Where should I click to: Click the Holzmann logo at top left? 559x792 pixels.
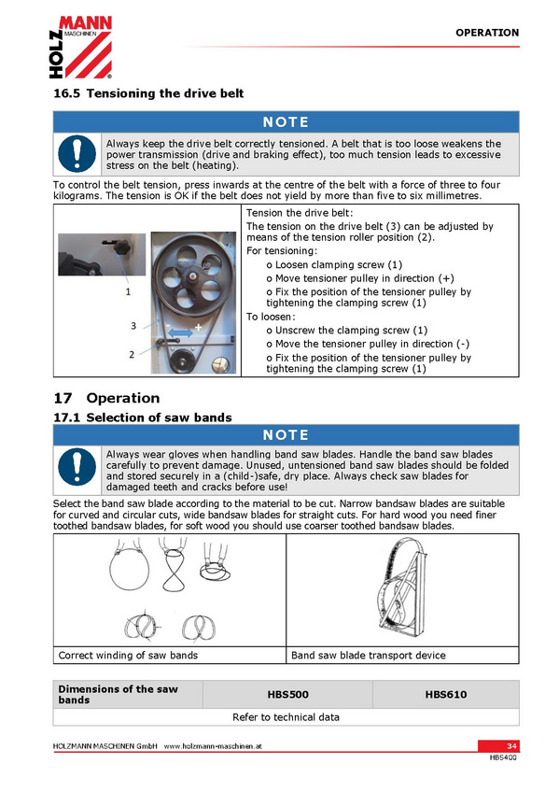click(x=80, y=47)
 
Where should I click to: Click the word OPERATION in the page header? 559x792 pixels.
click(x=487, y=33)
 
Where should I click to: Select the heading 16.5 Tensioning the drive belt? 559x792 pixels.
click(x=148, y=93)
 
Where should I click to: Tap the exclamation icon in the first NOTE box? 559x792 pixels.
click(x=77, y=153)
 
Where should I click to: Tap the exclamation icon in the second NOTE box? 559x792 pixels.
click(x=77, y=467)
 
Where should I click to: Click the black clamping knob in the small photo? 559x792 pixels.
click(x=121, y=248)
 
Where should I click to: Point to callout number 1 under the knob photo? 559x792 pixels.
click(x=128, y=291)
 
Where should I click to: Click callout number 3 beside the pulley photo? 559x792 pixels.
click(x=133, y=326)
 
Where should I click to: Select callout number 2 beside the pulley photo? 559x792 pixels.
click(x=132, y=355)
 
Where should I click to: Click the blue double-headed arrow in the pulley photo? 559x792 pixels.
click(x=180, y=332)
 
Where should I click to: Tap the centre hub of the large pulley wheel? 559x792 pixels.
click(x=192, y=276)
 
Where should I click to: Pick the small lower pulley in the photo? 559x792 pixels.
click(x=178, y=361)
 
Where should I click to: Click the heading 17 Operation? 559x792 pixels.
click(x=106, y=398)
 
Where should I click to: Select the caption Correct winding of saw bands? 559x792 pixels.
click(x=128, y=655)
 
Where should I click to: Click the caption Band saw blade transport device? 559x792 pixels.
click(x=369, y=655)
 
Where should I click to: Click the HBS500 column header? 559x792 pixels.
click(x=287, y=695)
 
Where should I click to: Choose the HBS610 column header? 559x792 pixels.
click(x=446, y=695)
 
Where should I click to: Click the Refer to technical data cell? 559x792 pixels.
click(x=286, y=717)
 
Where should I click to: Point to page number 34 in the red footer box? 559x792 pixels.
click(x=511, y=746)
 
